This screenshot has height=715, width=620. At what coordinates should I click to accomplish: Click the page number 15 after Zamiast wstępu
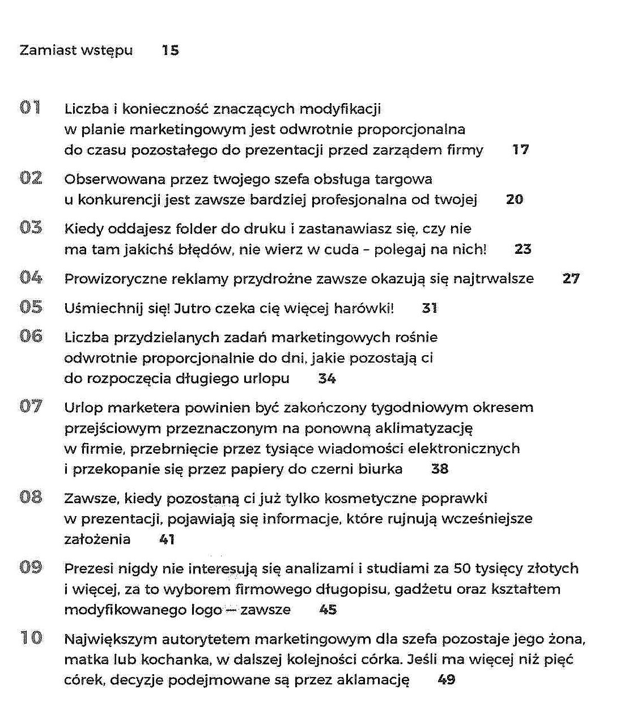(x=170, y=50)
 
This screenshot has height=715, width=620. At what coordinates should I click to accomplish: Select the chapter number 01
(x=31, y=108)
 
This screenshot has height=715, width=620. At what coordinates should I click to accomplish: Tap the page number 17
(x=520, y=150)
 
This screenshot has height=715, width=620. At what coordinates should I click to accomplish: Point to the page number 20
(x=514, y=199)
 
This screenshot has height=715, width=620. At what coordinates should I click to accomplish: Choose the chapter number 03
(x=31, y=228)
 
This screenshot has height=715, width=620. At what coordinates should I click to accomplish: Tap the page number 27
(x=571, y=279)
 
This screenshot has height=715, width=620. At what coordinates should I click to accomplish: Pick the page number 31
(x=429, y=308)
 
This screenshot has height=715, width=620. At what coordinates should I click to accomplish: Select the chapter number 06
(x=31, y=336)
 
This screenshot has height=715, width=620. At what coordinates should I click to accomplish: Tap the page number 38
(x=439, y=469)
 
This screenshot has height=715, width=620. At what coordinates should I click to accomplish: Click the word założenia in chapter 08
(x=97, y=539)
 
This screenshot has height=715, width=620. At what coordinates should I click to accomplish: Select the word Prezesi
(x=89, y=569)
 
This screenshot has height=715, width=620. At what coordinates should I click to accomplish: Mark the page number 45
(x=328, y=610)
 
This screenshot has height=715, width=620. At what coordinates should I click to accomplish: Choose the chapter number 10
(x=31, y=638)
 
